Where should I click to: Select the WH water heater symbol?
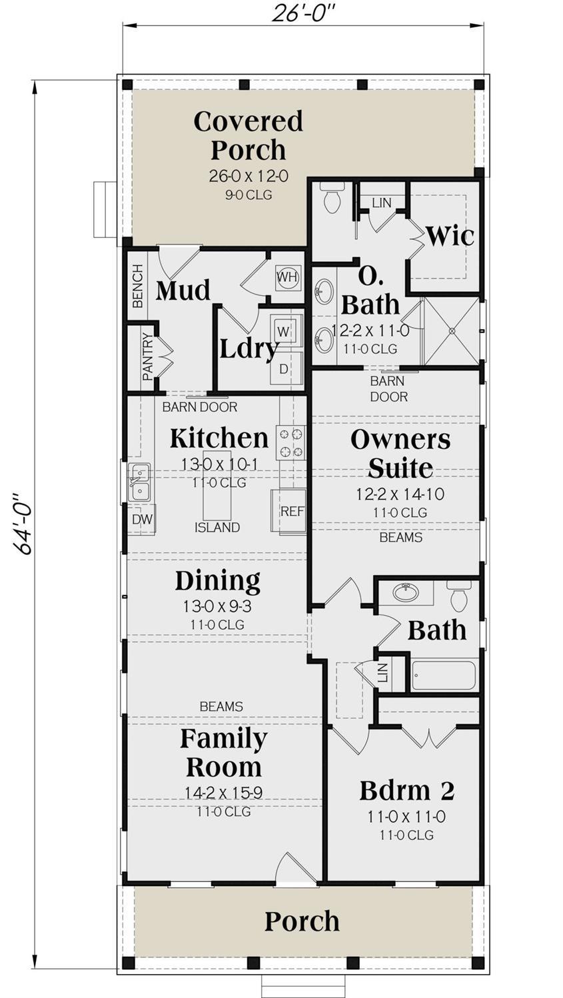pos(287,276)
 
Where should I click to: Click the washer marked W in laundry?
pos(284,331)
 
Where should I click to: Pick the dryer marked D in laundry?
pos(284,368)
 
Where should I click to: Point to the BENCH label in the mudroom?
pos(138,286)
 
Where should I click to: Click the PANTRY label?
pos(147,353)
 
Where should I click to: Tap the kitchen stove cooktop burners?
pos(291,442)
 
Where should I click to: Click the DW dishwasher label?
pos(142,520)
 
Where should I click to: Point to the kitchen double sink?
pos(139,482)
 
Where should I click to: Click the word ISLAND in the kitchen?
pos(217,528)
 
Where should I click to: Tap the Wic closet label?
pos(450,236)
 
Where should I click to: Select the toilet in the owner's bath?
pos(332,198)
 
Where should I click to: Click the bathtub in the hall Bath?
pos(444,676)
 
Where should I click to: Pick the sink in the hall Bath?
pos(405,592)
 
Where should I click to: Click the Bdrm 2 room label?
pos(406,791)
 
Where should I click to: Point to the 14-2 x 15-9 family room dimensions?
pos(223,793)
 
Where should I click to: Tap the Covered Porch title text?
pos(248,135)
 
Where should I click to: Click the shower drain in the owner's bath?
pos(452,330)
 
